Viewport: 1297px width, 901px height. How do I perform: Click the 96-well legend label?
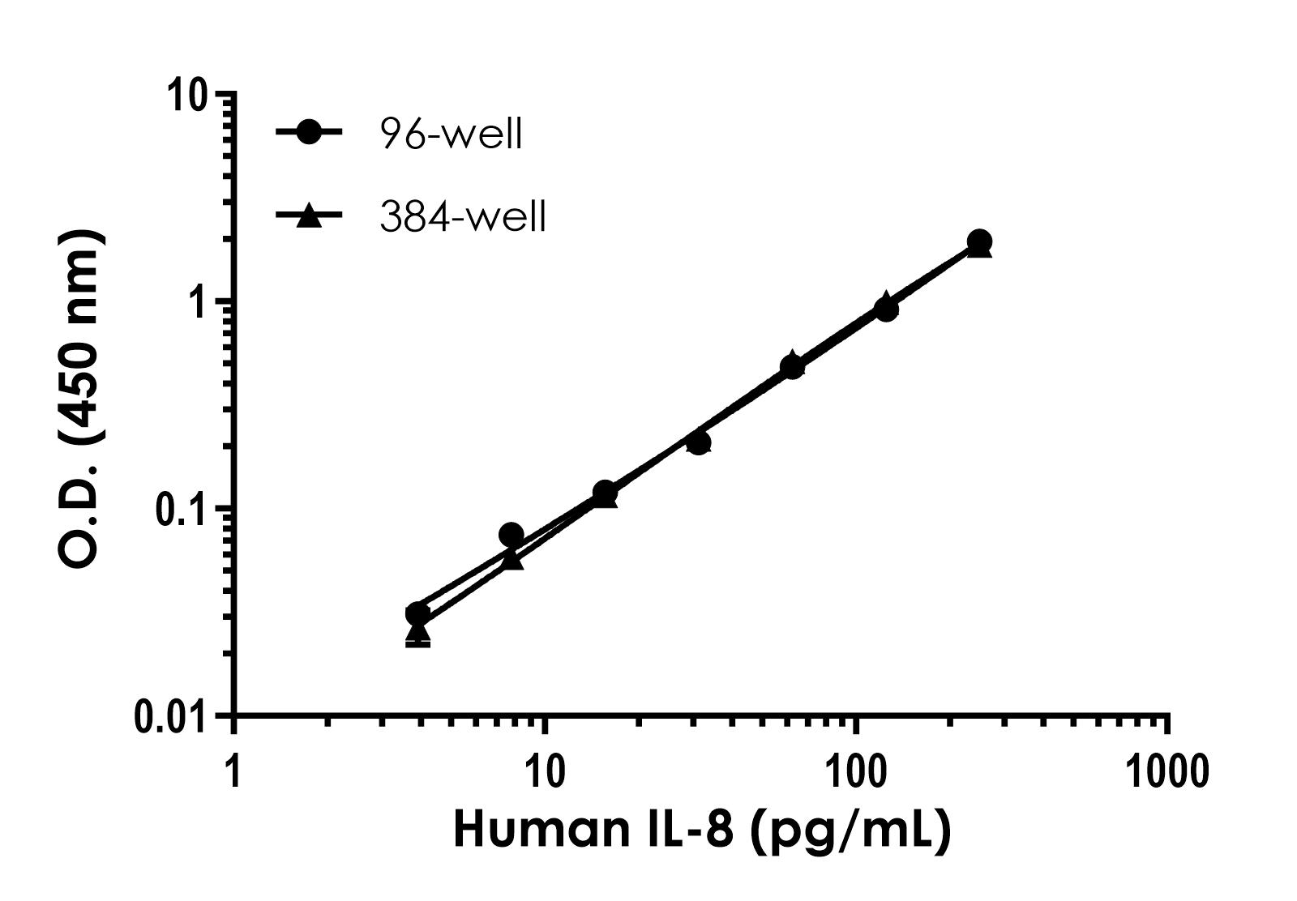(451, 134)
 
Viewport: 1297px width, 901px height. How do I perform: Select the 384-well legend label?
(463, 217)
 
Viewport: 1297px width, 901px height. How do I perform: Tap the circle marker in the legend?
(310, 133)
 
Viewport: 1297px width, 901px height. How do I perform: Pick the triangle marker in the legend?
(309, 216)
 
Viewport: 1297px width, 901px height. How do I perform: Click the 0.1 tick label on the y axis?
(180, 509)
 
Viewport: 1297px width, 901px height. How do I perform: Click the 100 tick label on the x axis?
(856, 771)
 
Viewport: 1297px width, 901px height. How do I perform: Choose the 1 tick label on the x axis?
(233, 771)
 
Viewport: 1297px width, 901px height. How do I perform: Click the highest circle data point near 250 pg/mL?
(979, 241)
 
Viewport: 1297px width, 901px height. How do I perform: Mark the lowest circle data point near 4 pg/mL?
(417, 613)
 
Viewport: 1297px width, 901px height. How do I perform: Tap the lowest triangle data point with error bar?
(417, 634)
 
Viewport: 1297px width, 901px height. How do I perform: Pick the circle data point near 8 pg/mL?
(511, 535)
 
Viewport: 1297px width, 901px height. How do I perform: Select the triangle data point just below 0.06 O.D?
(512, 557)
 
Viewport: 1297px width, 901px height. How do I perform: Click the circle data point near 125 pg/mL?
(886, 309)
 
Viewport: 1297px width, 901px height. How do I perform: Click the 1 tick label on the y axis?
(203, 302)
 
